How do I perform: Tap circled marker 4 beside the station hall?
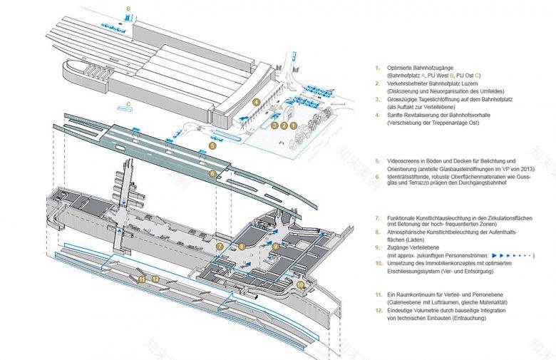255,102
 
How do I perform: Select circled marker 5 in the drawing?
212,145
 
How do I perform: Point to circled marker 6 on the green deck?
212,173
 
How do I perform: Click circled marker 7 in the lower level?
220,246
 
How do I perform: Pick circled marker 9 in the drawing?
275,246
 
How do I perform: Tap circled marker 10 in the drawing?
300,284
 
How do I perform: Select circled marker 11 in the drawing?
142,279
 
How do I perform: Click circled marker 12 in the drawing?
155,279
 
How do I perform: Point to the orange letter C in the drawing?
127,104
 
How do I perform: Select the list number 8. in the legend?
379,232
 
